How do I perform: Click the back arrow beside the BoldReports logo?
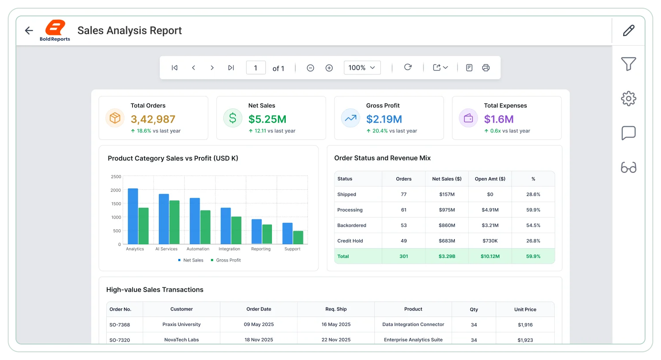(29, 31)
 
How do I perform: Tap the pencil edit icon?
(629, 31)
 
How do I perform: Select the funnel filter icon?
(629, 64)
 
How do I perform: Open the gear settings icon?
(629, 98)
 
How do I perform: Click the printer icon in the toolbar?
(486, 68)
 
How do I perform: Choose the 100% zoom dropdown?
(362, 68)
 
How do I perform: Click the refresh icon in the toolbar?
(408, 67)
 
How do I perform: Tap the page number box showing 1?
(256, 68)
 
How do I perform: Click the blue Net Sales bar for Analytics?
(133, 216)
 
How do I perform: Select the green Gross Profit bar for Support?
(298, 237)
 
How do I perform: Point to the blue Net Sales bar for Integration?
(226, 226)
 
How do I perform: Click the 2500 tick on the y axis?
(116, 177)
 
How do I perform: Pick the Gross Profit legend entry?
(226, 260)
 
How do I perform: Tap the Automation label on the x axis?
(198, 249)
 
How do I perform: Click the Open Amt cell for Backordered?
(490, 225)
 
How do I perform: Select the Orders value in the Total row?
(404, 256)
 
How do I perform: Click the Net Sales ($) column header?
(447, 178)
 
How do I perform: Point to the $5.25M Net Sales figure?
(267, 119)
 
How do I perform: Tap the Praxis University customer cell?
(182, 324)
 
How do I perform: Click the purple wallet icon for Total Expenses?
(468, 118)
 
